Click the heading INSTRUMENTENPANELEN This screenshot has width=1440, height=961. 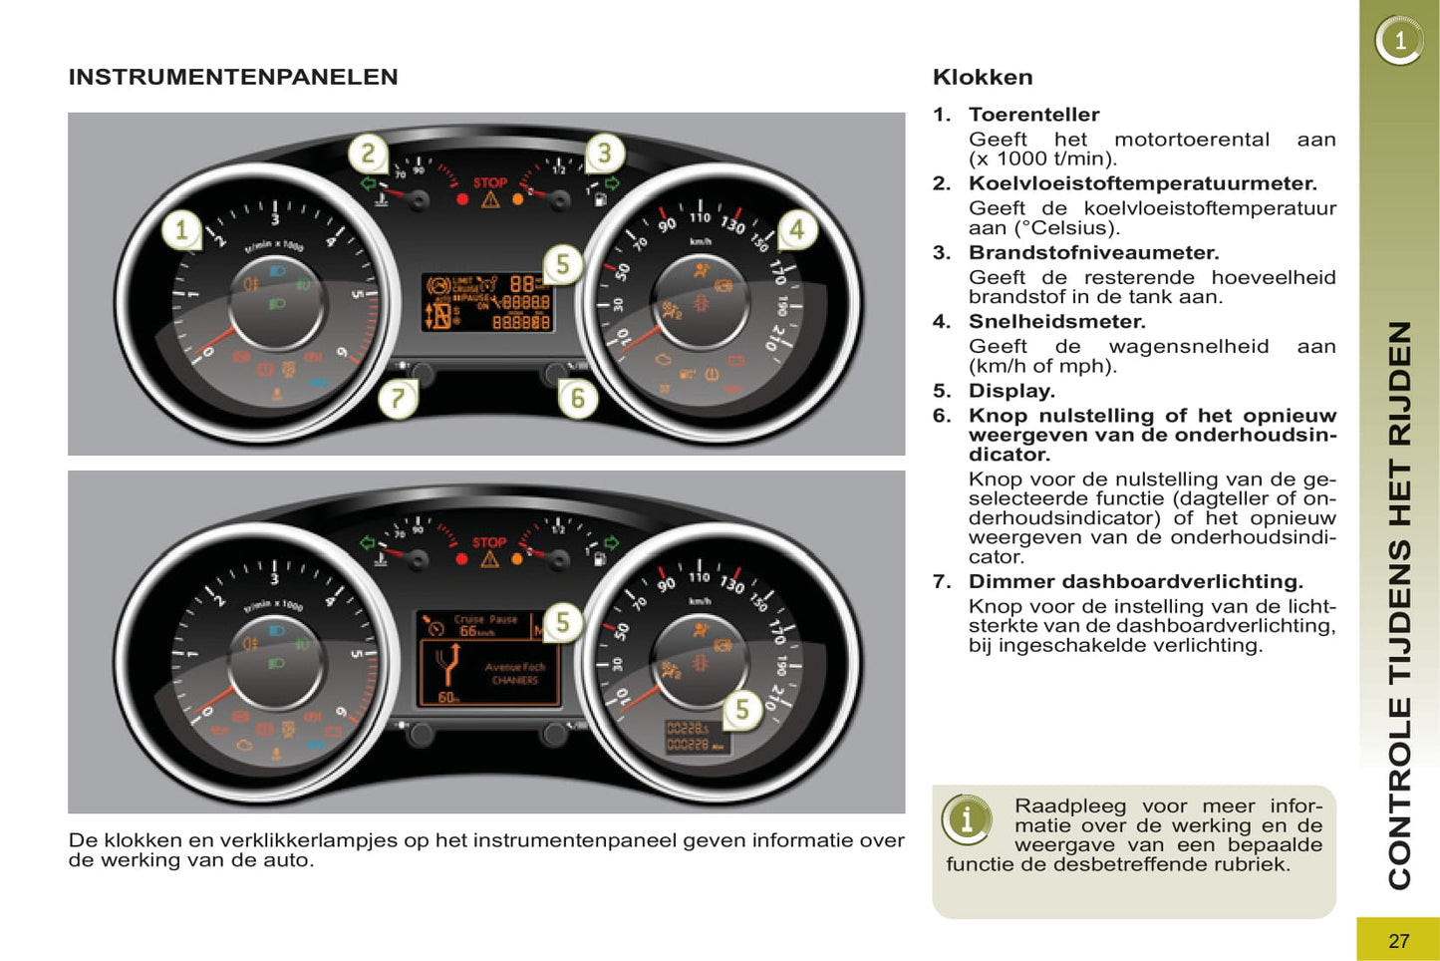[x=233, y=77]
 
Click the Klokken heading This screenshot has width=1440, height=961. [x=983, y=77]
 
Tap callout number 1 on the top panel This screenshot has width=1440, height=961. [x=181, y=231]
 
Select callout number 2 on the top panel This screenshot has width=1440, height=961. [x=368, y=154]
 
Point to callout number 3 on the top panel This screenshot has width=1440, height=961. [x=604, y=154]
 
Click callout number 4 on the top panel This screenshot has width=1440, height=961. [x=796, y=230]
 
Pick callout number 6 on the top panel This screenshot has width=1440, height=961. [x=577, y=399]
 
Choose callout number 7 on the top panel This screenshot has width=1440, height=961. [x=398, y=399]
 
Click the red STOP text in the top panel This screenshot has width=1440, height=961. [x=489, y=182]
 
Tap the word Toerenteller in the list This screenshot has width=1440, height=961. [x=1033, y=115]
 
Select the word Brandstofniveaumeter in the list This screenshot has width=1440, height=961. [x=1092, y=253]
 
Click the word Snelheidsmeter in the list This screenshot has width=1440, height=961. [x=1055, y=322]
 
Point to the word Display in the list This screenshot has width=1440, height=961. [x=1009, y=391]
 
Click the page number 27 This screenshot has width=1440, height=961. [x=1398, y=940]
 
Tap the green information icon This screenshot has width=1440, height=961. [x=966, y=819]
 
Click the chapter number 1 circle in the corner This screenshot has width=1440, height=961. [x=1399, y=41]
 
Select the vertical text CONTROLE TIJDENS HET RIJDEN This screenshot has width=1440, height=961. [x=1399, y=604]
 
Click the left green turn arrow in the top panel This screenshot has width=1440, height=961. [x=368, y=183]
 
